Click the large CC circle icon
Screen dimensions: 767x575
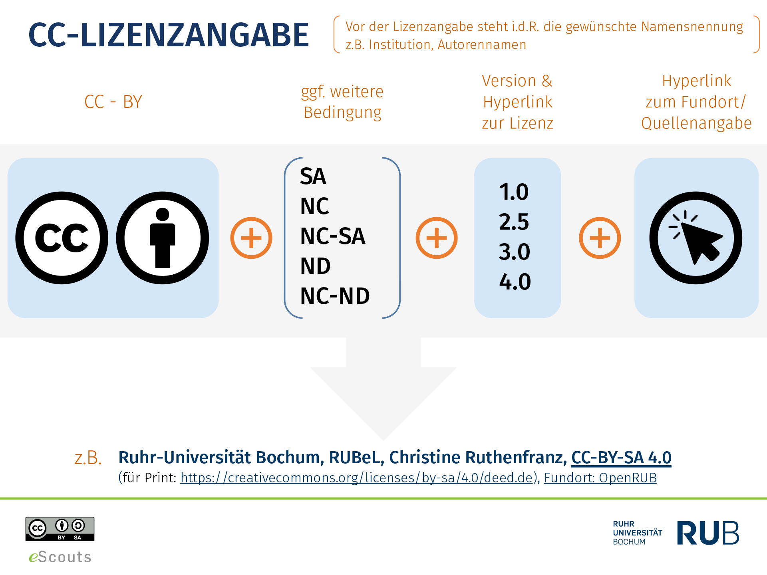tap(62, 238)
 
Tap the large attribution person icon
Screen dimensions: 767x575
tap(163, 238)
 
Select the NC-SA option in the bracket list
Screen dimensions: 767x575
tap(333, 236)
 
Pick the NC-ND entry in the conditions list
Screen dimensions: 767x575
tap(335, 296)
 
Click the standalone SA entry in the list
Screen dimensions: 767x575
tap(313, 176)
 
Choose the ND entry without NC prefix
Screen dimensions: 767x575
tap(316, 266)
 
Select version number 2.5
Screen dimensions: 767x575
tap(514, 222)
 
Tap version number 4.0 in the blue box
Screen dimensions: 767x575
tap(515, 282)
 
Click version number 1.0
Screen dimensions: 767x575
tap(514, 192)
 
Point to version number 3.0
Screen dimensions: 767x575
tap(515, 252)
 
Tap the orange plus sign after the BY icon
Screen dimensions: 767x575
tap(251, 238)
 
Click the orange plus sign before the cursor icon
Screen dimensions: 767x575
tap(600, 238)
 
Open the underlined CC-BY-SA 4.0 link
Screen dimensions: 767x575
tap(621, 458)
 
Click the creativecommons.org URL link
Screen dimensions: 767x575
tap(357, 478)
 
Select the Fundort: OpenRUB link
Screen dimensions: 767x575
tap(600, 478)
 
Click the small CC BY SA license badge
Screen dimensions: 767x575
tap(60, 529)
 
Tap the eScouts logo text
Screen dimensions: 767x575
tap(60, 557)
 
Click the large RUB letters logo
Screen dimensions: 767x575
tap(708, 533)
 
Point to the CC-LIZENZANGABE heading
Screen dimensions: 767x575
tap(169, 35)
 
